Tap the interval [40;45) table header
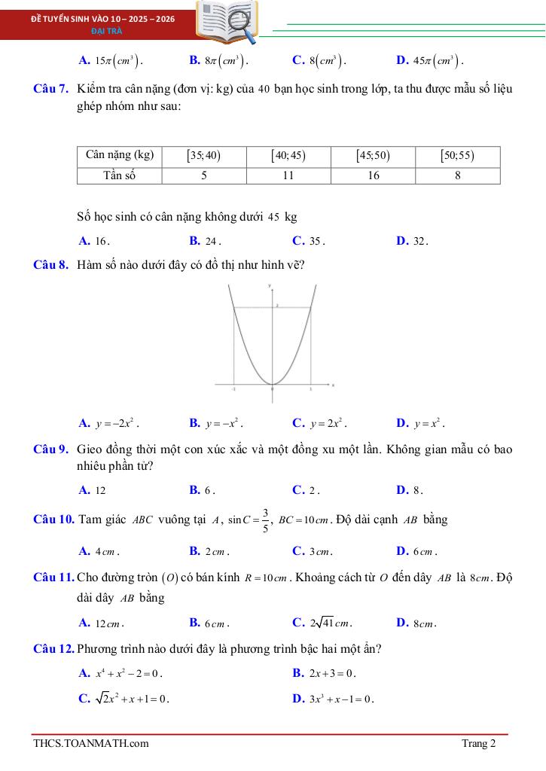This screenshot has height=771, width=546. (x=288, y=156)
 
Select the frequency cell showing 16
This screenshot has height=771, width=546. (x=373, y=175)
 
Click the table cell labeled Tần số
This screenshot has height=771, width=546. (x=120, y=175)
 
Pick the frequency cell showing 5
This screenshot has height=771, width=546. (x=204, y=175)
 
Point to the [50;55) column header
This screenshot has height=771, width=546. (x=458, y=156)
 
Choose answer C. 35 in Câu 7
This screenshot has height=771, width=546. (x=309, y=242)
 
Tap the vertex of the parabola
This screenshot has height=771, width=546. (x=272, y=385)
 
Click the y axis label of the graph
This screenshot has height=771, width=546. (x=270, y=287)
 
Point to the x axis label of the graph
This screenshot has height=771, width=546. (x=333, y=384)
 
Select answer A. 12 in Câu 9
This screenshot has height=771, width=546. (x=92, y=490)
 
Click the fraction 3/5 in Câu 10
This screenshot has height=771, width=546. (x=265, y=520)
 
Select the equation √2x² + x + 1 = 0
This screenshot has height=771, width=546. (x=124, y=698)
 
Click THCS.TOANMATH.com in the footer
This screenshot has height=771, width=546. (x=90, y=744)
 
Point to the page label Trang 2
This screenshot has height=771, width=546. (x=479, y=744)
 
